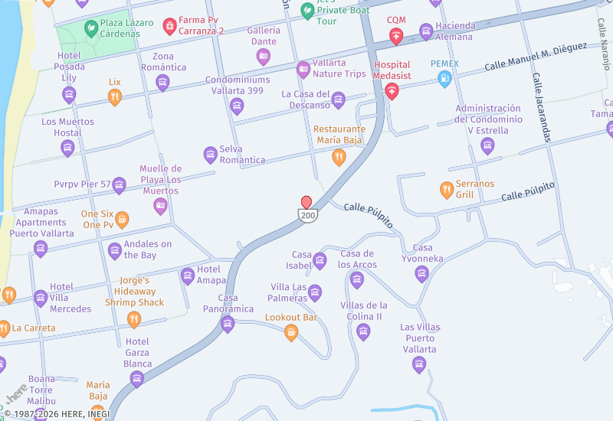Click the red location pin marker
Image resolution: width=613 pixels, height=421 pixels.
pos(306,202)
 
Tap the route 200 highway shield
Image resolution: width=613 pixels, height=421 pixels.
pos(307,216)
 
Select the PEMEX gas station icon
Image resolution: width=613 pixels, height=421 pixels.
pos(444,78)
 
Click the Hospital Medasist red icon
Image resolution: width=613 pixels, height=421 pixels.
pos(392,92)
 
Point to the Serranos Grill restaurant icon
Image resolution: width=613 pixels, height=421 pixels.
pos(447,189)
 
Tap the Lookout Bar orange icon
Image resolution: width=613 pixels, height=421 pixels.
pos(291,332)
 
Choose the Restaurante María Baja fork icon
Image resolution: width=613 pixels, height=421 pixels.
pos(338,157)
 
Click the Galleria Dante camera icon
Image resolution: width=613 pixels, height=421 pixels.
pos(264,56)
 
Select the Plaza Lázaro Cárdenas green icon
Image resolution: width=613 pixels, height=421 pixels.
pos(90,28)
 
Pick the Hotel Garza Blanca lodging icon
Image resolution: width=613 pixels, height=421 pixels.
pos(137,378)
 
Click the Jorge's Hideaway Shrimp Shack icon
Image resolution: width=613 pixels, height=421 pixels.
pos(134,319)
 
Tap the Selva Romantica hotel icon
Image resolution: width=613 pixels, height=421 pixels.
pos(210,155)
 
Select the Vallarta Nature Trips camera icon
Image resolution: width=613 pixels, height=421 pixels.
pos(303,69)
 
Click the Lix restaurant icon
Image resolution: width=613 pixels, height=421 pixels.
pos(115,96)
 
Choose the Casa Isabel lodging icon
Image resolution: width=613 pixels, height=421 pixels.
pos(320,260)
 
